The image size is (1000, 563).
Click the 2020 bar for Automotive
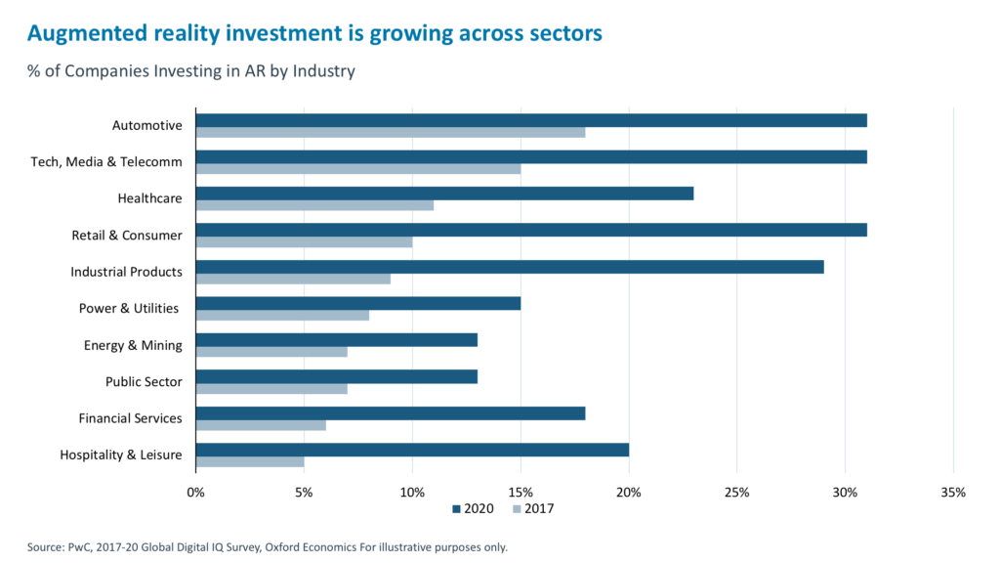click(x=531, y=120)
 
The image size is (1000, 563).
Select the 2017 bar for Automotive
click(x=391, y=132)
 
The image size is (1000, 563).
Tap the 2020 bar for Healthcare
click(x=444, y=194)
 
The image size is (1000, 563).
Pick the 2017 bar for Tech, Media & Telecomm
click(x=358, y=168)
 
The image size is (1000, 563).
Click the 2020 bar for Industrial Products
click(x=510, y=267)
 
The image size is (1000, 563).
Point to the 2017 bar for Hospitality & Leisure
click(x=250, y=461)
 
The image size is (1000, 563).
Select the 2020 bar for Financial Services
click(x=391, y=413)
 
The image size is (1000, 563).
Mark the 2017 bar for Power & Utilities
click(x=283, y=315)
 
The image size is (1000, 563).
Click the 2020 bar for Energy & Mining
click(x=337, y=340)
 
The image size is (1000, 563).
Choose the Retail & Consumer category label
click(x=126, y=235)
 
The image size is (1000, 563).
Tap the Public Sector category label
click(x=144, y=381)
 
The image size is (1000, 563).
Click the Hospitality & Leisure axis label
click(x=120, y=455)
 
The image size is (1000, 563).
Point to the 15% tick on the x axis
click(x=521, y=492)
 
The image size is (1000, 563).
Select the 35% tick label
click(x=953, y=492)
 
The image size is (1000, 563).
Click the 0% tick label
click(x=195, y=492)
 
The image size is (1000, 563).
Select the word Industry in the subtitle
click(x=328, y=70)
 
